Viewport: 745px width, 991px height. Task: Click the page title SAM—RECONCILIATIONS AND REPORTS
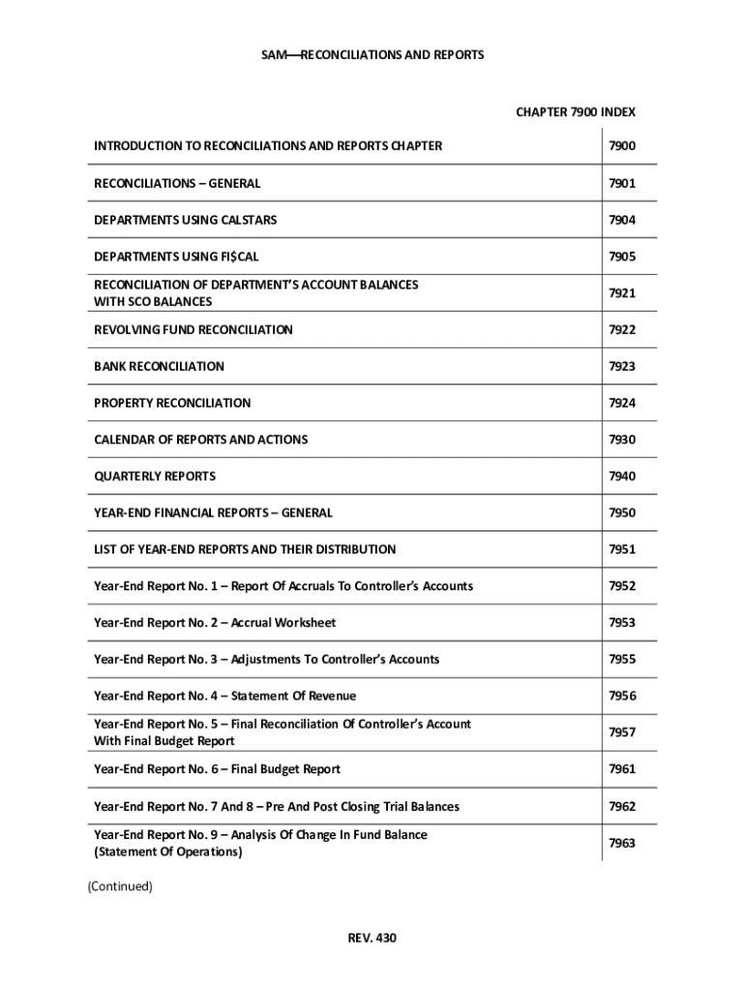pos(372,55)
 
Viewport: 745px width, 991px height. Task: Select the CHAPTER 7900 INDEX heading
pos(575,112)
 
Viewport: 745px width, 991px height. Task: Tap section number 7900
pos(621,146)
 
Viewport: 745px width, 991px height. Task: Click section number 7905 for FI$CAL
pos(621,256)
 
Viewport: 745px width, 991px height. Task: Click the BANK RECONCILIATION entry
pos(159,367)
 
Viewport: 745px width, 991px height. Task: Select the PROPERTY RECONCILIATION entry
pos(172,403)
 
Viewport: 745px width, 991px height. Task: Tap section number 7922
pos(621,330)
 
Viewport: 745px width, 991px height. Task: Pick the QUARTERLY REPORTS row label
pos(155,476)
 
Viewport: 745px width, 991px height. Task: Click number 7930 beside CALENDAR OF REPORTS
pos(621,439)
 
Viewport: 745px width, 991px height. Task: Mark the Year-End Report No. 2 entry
pos(215,623)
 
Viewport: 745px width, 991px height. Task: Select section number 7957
pos(621,733)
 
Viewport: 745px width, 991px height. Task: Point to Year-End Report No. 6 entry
pos(217,769)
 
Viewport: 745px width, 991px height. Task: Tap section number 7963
pos(621,843)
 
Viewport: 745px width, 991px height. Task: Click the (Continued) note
pos(120,886)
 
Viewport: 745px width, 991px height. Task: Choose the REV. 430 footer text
pos(372,938)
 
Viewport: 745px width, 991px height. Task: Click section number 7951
pos(621,550)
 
